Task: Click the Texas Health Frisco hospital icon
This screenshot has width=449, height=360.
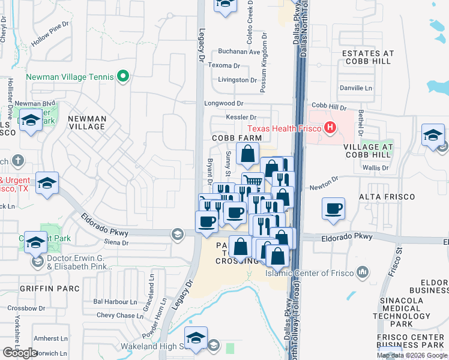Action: pos(329,127)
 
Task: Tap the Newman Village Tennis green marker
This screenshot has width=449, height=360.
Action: pos(123,76)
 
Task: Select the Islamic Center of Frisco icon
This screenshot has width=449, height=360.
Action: pos(362,274)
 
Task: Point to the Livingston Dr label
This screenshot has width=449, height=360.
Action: pos(237,80)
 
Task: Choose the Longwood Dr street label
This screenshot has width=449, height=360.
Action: pos(223,104)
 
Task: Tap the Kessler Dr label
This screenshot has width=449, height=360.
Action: pos(241,117)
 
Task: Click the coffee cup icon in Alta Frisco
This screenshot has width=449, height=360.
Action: pos(333,209)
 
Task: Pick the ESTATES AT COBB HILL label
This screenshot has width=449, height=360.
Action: pos(368,57)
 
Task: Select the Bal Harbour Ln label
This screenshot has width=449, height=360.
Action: pos(114,302)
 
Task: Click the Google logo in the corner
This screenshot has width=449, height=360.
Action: pos(20,352)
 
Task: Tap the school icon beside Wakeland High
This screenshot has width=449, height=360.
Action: pos(196,338)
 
